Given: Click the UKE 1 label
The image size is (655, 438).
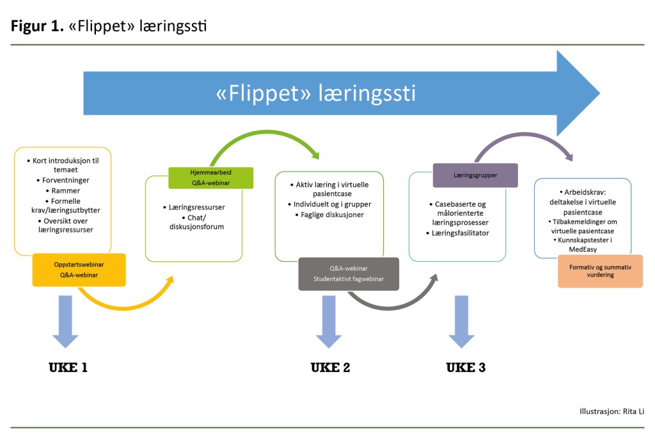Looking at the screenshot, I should click(x=68, y=368).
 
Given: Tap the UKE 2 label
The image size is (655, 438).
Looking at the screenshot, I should click(x=330, y=368).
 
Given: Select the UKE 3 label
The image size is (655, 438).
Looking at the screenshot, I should click(x=466, y=368).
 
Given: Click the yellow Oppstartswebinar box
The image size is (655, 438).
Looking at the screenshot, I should click(x=79, y=270).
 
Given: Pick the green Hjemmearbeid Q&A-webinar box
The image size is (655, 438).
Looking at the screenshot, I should click(x=211, y=178).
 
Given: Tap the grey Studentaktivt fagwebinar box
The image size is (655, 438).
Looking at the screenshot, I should click(x=349, y=274).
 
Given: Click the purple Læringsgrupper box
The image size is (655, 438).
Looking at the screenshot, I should click(x=475, y=175).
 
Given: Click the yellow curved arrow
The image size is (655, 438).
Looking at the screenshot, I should click(x=122, y=305).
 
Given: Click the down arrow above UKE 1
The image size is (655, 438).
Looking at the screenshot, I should click(x=65, y=320).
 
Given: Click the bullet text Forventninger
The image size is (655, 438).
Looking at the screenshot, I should click(x=62, y=181).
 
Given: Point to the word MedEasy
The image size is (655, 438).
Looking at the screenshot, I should click(x=582, y=249).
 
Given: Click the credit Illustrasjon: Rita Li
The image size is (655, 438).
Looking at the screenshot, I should click(x=611, y=411).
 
